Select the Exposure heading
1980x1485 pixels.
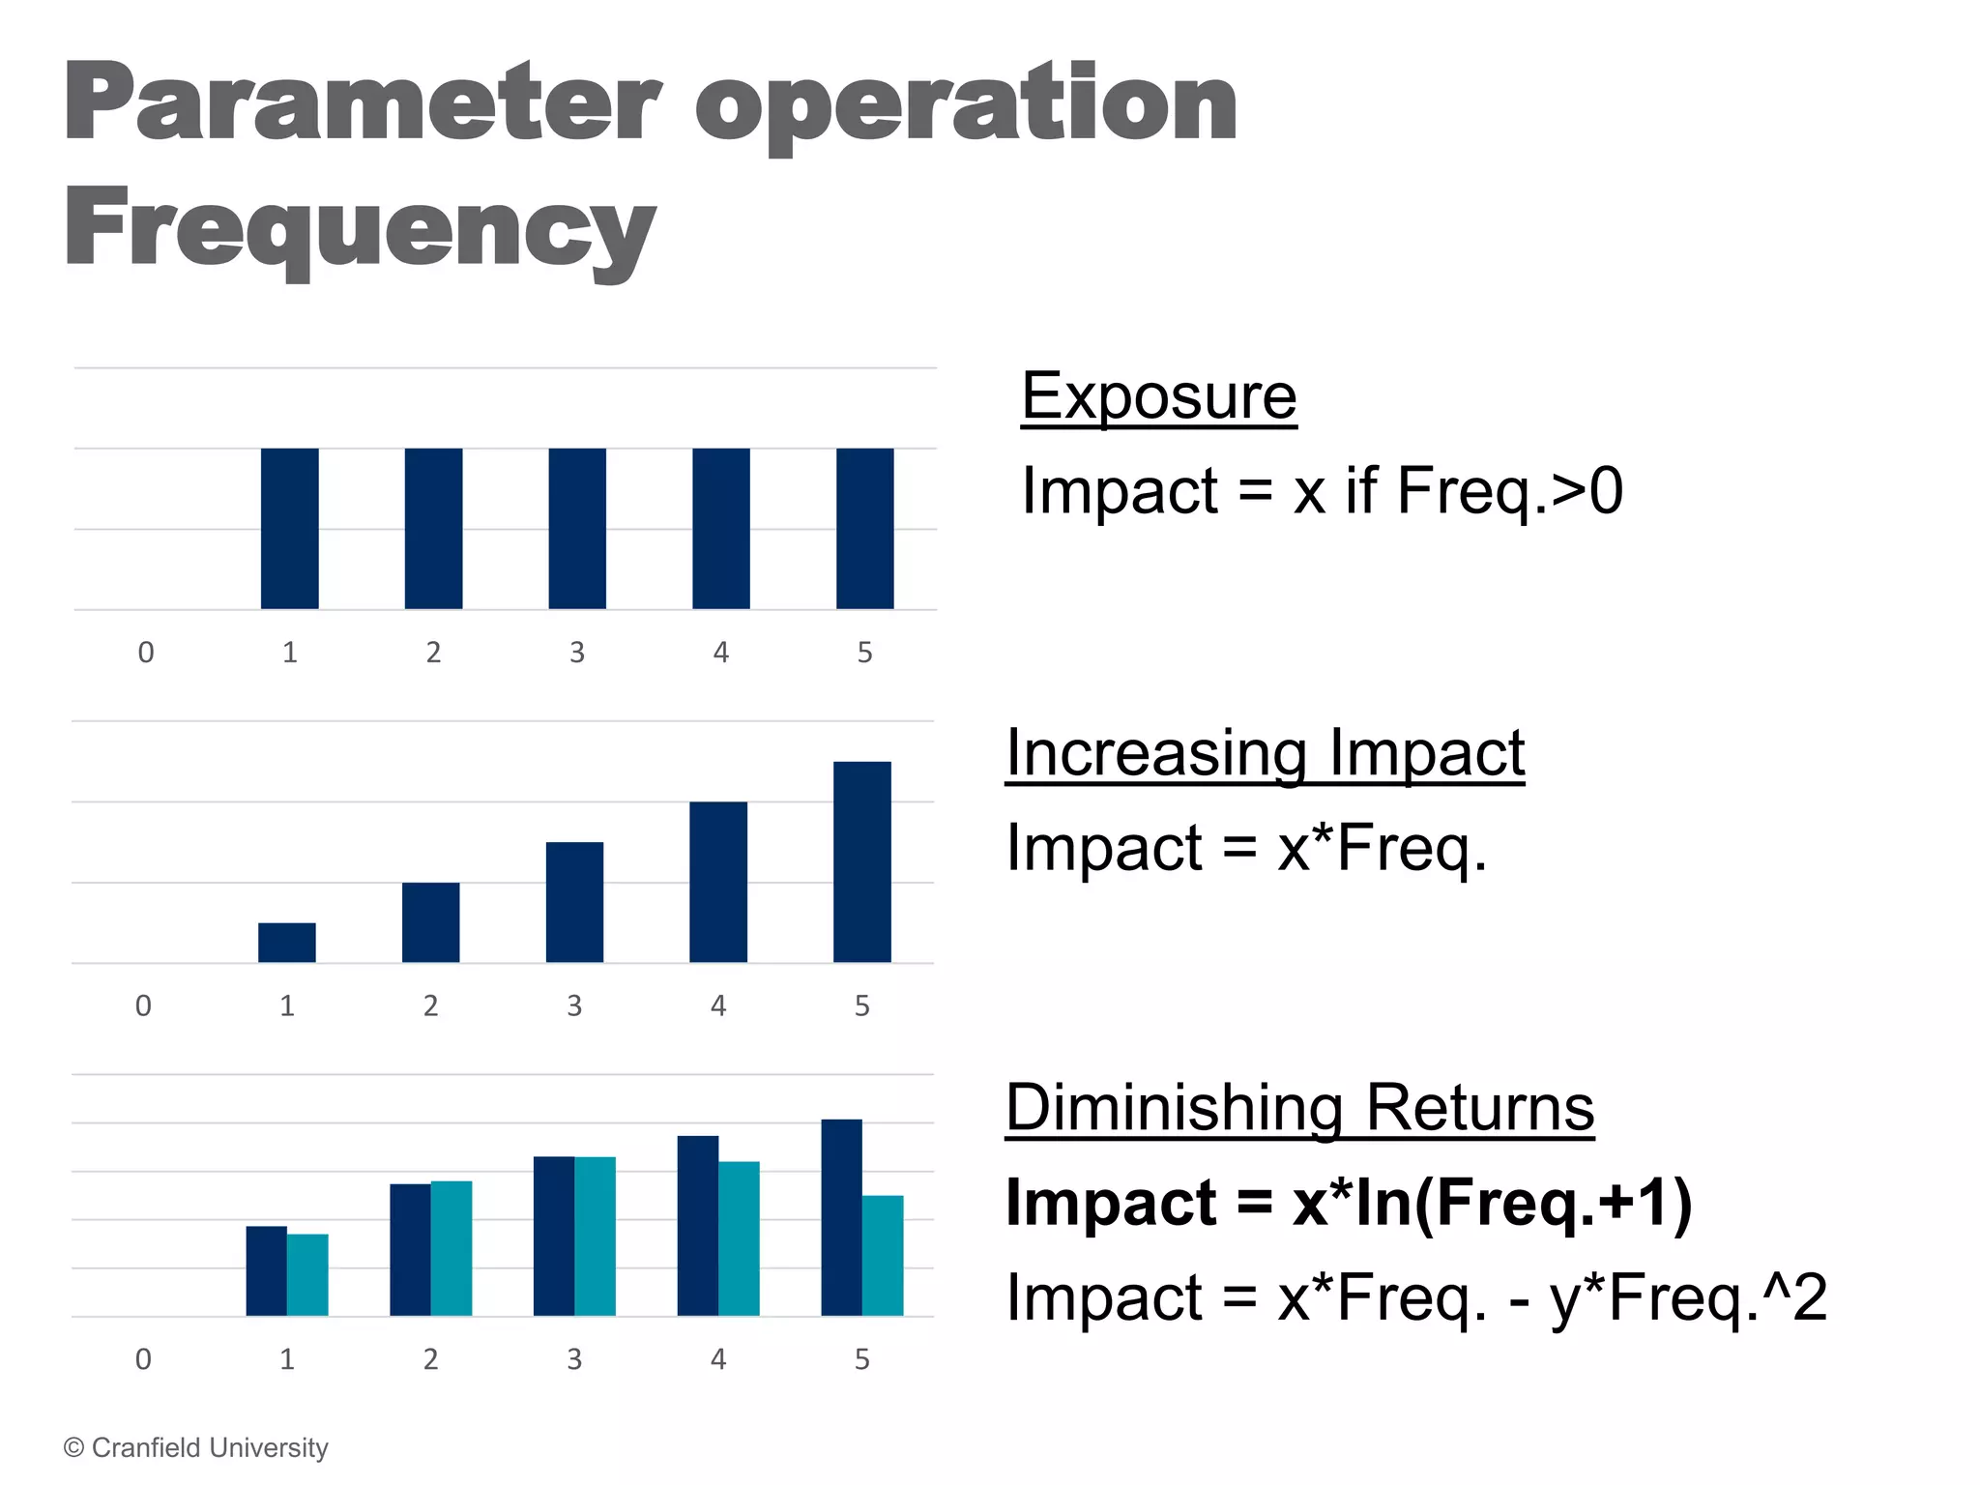point(1158,396)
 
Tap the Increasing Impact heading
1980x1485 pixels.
point(1265,753)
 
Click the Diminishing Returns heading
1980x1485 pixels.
point(1299,1107)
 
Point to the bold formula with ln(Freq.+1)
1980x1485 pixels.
point(1349,1203)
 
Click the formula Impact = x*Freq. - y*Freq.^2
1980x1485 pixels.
point(1416,1297)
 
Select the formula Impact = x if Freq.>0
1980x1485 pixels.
point(1322,491)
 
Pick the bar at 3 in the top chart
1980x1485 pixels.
point(577,529)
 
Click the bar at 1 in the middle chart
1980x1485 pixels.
point(287,943)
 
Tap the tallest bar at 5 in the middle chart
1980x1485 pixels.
point(861,862)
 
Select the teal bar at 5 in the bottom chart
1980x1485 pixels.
point(883,1256)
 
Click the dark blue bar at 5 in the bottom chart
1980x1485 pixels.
point(841,1218)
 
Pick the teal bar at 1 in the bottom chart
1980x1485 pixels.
point(307,1275)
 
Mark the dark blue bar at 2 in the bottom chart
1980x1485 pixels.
point(410,1250)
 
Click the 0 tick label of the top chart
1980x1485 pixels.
point(146,653)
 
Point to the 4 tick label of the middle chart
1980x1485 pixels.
point(718,1006)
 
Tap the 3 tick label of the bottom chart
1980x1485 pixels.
point(574,1360)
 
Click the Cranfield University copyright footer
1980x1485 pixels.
point(196,1447)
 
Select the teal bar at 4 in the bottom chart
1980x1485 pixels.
point(739,1238)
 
